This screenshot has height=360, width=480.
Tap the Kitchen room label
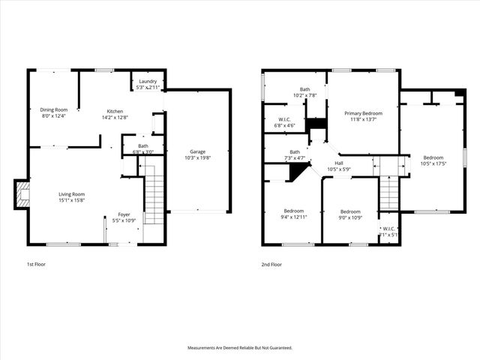[115, 111]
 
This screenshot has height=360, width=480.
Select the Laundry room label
[147, 81]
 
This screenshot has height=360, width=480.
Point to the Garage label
[197, 151]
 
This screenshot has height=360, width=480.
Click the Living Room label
[72, 194]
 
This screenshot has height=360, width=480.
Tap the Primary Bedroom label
[363, 113]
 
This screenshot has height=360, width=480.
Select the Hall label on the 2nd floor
[338, 163]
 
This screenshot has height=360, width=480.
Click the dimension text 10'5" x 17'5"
[433, 163]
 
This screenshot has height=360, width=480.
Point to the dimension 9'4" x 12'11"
[293, 216]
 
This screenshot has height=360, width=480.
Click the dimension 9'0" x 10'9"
[350, 217]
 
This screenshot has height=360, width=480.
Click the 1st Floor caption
[36, 265]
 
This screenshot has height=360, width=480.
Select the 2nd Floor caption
[271, 265]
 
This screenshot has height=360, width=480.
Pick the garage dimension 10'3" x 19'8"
[197, 157]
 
